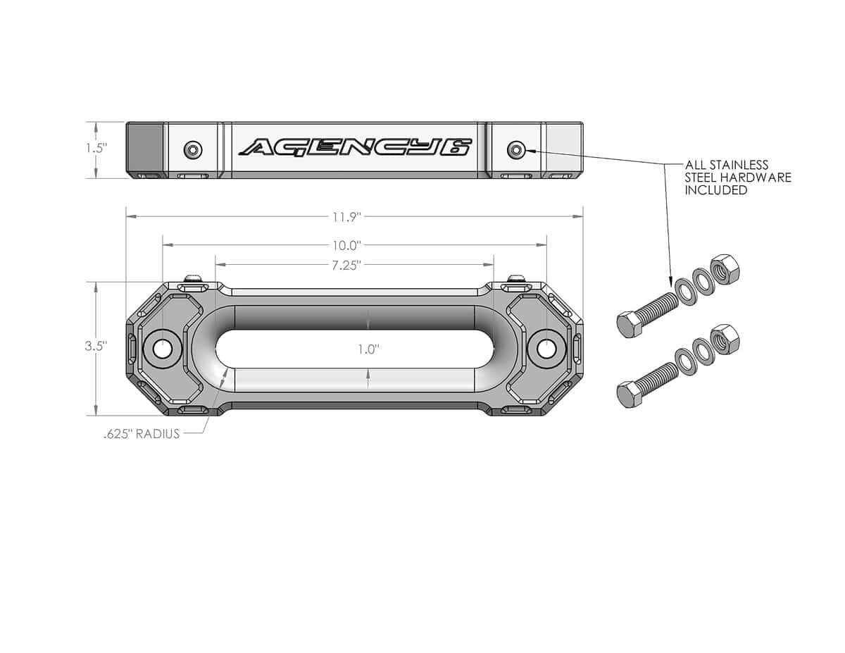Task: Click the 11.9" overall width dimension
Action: (x=346, y=217)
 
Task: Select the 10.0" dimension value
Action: (x=346, y=245)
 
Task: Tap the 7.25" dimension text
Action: (x=346, y=266)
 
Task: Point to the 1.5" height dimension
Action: (x=96, y=148)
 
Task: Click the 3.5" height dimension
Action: (x=96, y=346)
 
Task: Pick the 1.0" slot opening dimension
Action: (x=368, y=349)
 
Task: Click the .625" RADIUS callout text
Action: (x=142, y=434)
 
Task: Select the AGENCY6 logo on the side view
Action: (x=356, y=147)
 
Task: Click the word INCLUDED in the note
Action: (x=716, y=190)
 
